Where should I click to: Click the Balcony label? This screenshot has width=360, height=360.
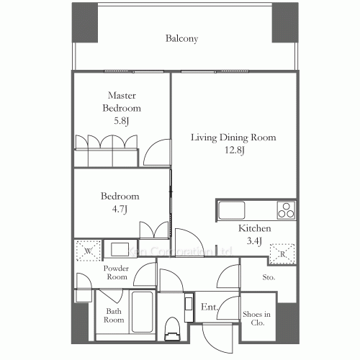point(181,39)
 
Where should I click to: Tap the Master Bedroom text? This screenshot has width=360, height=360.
point(121,102)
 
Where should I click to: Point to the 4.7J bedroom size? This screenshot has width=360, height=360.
point(120,209)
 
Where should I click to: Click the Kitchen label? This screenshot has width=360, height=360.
point(254,230)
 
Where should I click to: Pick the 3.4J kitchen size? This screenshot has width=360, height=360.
point(254,242)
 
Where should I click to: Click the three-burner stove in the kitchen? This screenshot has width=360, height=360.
point(286,211)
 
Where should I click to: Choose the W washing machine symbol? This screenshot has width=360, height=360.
point(86,251)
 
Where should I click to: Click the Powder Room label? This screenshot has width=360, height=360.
point(116,272)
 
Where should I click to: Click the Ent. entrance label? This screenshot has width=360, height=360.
point(210,307)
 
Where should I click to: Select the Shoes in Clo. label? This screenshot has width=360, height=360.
point(256,318)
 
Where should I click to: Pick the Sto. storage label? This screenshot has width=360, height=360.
point(269,276)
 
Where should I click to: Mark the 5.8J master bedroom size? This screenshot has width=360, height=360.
point(121,121)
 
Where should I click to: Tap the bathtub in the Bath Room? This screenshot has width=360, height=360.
point(141,313)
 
